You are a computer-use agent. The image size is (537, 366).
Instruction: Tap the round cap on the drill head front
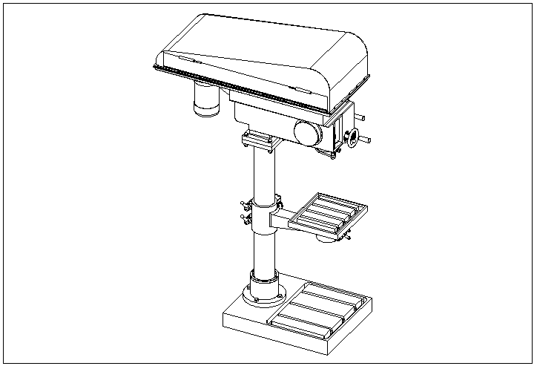(307, 132)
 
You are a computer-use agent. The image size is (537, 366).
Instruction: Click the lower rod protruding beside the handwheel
(366, 140)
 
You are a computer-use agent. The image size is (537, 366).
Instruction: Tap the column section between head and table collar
(263, 174)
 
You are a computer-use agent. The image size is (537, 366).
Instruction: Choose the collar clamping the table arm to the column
(266, 214)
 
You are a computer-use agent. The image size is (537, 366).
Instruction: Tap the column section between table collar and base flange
(263, 252)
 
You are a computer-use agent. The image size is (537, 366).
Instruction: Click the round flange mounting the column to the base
(265, 291)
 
